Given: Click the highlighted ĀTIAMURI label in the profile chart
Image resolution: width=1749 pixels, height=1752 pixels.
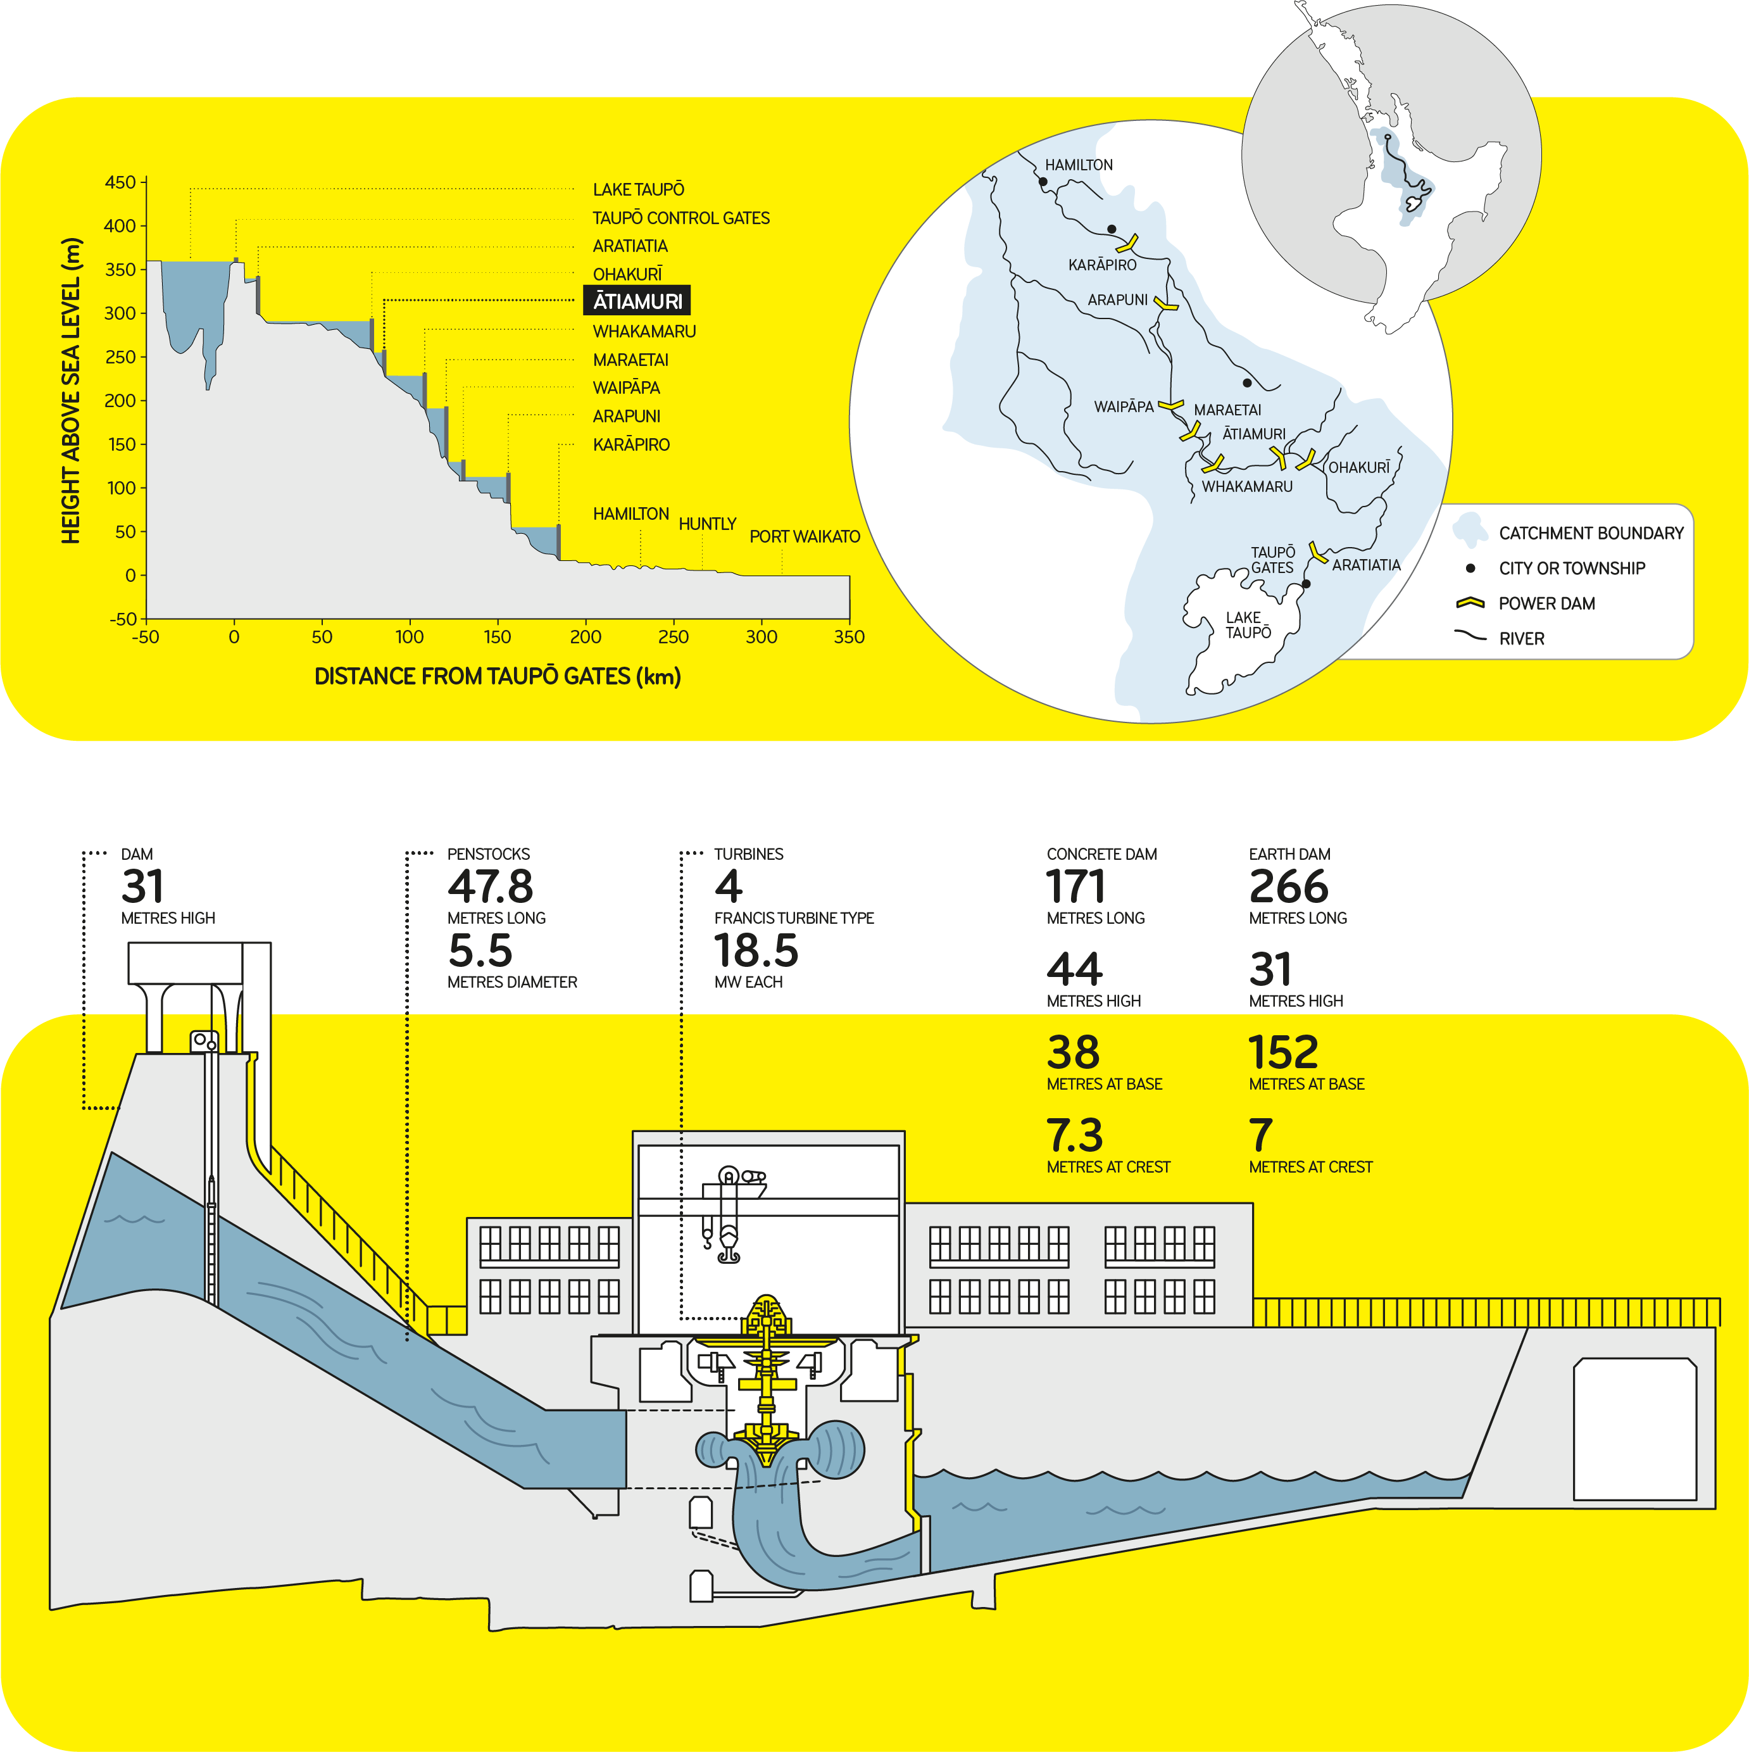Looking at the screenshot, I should (x=637, y=301).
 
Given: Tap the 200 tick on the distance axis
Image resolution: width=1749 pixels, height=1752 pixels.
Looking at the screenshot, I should (x=585, y=636).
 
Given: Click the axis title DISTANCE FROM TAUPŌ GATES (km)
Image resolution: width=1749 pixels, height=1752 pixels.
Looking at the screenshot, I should (x=497, y=676).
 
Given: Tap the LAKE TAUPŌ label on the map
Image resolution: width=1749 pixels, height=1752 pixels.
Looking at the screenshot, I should (x=1248, y=625).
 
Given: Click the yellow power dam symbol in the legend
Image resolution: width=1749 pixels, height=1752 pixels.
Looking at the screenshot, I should (x=1469, y=603).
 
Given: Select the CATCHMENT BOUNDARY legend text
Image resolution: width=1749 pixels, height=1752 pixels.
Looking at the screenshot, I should (x=1590, y=533).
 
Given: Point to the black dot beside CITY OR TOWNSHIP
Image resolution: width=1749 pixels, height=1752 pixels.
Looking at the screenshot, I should (x=1470, y=569).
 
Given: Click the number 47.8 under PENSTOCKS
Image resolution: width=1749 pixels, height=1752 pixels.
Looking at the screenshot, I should (x=489, y=886).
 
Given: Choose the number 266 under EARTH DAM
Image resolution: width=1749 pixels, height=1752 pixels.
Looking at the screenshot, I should (x=1288, y=886).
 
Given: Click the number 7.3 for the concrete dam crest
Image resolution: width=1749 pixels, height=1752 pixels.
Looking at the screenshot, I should (x=1074, y=1135).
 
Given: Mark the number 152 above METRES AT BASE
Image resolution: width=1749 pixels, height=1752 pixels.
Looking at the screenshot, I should (x=1283, y=1052).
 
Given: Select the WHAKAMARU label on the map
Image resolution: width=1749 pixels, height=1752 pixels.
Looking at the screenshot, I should (x=1246, y=487).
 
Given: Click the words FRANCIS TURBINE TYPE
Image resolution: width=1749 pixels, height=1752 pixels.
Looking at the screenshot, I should (x=793, y=917).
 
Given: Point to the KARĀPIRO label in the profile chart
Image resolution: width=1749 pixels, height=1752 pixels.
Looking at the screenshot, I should (x=631, y=445).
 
